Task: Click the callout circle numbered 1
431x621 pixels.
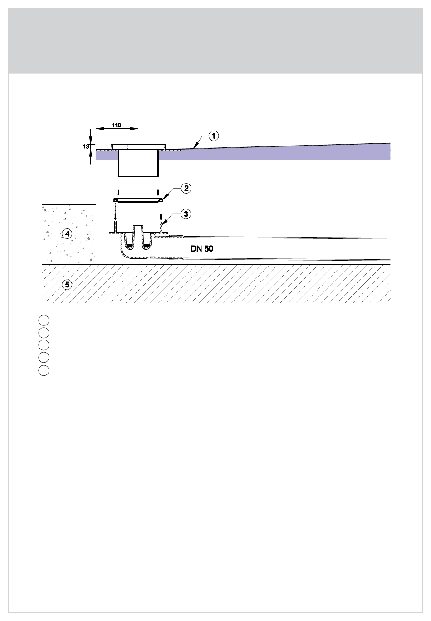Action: click(213, 136)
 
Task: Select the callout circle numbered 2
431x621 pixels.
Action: click(186, 189)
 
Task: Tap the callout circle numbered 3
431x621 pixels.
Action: click(186, 214)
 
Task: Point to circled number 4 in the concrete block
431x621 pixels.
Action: click(67, 234)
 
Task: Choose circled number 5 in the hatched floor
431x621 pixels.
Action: click(67, 285)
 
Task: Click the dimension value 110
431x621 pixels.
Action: click(116, 125)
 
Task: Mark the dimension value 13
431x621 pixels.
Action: click(86, 146)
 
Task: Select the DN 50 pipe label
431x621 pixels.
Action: click(202, 249)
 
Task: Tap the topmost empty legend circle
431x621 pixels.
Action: click(44, 320)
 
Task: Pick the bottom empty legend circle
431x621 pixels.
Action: click(44, 370)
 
